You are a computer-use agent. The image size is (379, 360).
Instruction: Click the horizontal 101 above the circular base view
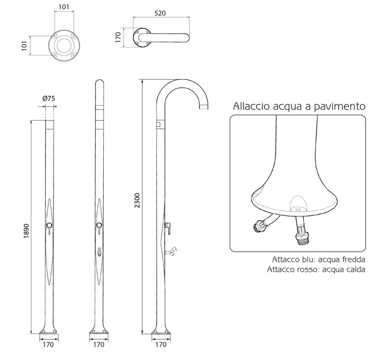pyautogui.click(x=63, y=7)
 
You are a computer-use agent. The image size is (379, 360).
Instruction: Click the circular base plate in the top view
pyautogui.click(x=63, y=46)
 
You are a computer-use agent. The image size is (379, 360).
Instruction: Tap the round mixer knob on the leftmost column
pyautogui.click(x=49, y=226)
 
